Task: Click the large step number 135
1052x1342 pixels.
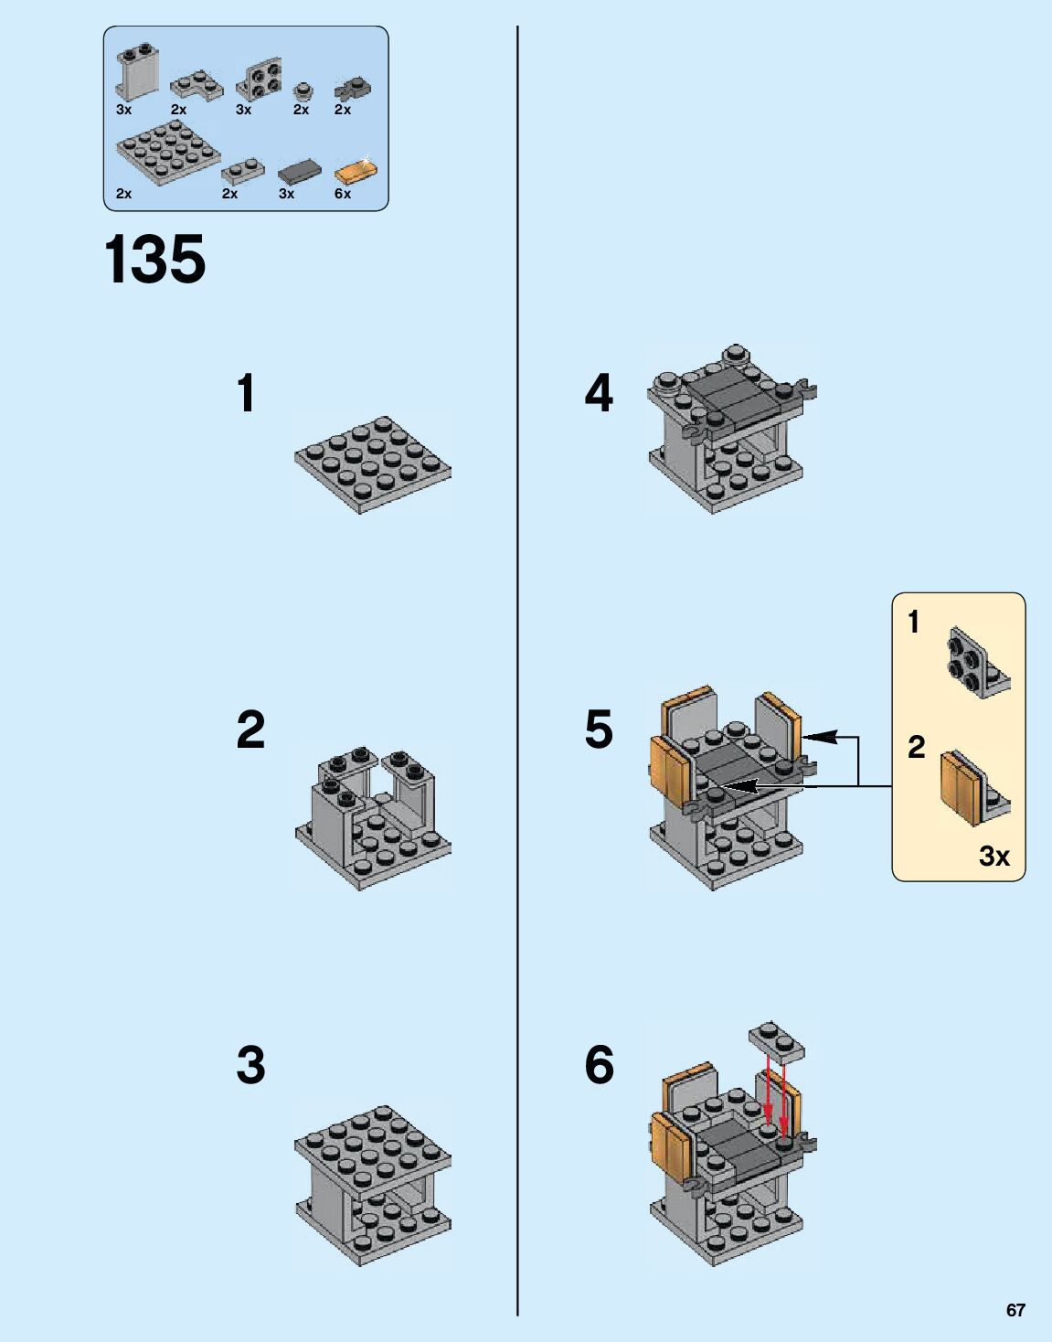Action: coord(155,260)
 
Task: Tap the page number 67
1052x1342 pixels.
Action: coord(1015,1310)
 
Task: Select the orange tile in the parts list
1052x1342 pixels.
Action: coord(356,172)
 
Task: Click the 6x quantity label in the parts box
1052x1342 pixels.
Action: coord(343,194)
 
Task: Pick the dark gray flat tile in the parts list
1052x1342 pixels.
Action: coord(300,171)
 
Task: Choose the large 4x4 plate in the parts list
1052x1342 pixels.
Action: coord(168,151)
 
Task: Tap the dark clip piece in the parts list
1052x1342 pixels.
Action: coord(353,89)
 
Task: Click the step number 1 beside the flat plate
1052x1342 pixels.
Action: coord(246,393)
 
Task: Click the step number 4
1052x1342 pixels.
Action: coord(599,393)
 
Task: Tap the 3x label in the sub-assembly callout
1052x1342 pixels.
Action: coord(994,857)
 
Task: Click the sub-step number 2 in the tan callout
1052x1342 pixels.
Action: coord(917,747)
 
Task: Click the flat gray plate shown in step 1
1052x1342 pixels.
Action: coord(373,465)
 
